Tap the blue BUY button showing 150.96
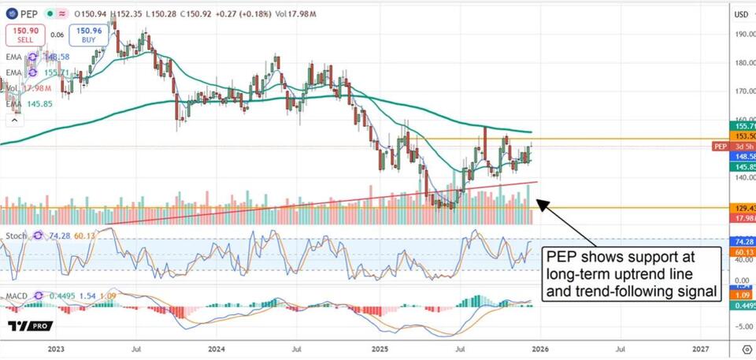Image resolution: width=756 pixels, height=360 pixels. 87,35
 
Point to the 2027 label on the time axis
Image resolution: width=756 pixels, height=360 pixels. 700,347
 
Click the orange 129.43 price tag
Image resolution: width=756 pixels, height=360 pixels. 743,207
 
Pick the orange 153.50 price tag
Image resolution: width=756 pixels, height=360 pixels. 743,136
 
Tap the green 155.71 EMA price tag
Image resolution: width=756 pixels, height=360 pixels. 743,126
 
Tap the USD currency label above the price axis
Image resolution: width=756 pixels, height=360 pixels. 741,14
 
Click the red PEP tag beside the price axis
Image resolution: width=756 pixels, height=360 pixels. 720,147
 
